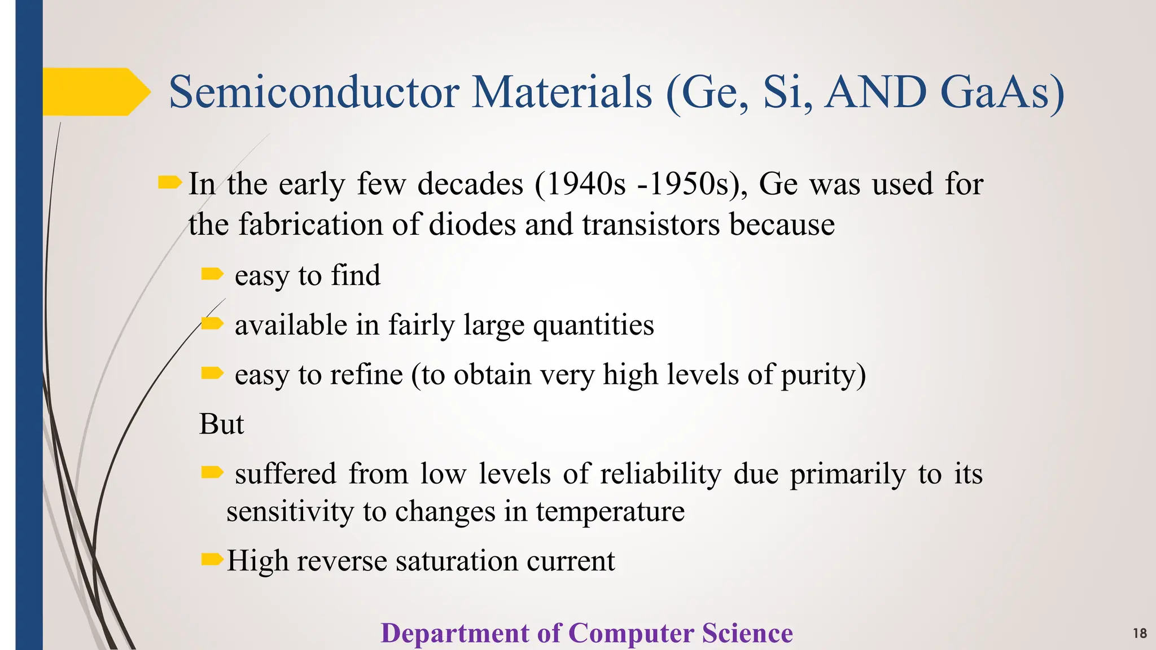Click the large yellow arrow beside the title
click(x=96, y=92)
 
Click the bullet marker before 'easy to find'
click(x=212, y=274)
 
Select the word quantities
click(x=593, y=326)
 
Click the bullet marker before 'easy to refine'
click(x=212, y=373)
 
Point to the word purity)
click(x=824, y=375)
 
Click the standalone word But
click(x=221, y=424)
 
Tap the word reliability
click(x=660, y=473)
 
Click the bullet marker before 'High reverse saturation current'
click(x=212, y=560)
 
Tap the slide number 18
click(x=1140, y=634)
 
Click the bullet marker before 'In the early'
click(x=169, y=183)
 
